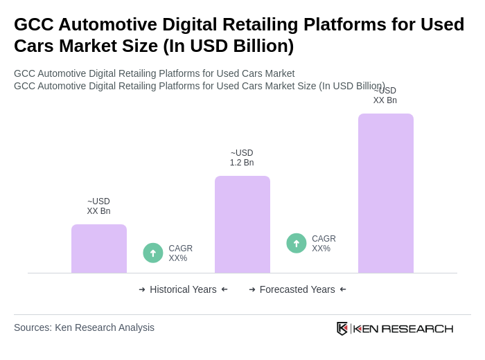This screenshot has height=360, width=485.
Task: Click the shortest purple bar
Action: (99, 249)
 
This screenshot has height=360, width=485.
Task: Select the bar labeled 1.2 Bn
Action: (242, 224)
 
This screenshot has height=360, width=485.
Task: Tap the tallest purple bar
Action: (386, 193)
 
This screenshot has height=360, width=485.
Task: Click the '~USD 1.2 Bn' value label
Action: (242, 158)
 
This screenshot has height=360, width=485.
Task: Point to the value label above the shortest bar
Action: (98, 206)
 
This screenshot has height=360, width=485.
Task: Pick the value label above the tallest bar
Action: (385, 96)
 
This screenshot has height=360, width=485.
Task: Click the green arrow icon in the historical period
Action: (153, 253)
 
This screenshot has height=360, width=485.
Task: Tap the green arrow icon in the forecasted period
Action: (297, 243)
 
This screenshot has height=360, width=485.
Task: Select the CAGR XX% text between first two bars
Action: (180, 253)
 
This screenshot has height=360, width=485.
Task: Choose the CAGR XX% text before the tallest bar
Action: (324, 244)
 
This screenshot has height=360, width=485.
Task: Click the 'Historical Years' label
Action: (183, 289)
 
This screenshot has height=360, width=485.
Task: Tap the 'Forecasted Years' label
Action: (297, 289)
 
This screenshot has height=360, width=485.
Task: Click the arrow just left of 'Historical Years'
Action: (142, 289)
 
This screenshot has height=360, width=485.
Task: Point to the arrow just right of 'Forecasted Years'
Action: (343, 289)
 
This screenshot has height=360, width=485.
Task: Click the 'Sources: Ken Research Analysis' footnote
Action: (84, 327)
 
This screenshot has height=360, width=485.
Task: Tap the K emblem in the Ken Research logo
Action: (342, 328)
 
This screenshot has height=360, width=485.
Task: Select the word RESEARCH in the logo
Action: (417, 328)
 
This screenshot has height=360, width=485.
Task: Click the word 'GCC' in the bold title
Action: (33, 24)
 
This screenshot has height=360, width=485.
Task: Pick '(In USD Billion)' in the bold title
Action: (229, 46)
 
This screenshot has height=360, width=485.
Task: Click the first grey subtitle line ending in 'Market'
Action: (154, 73)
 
